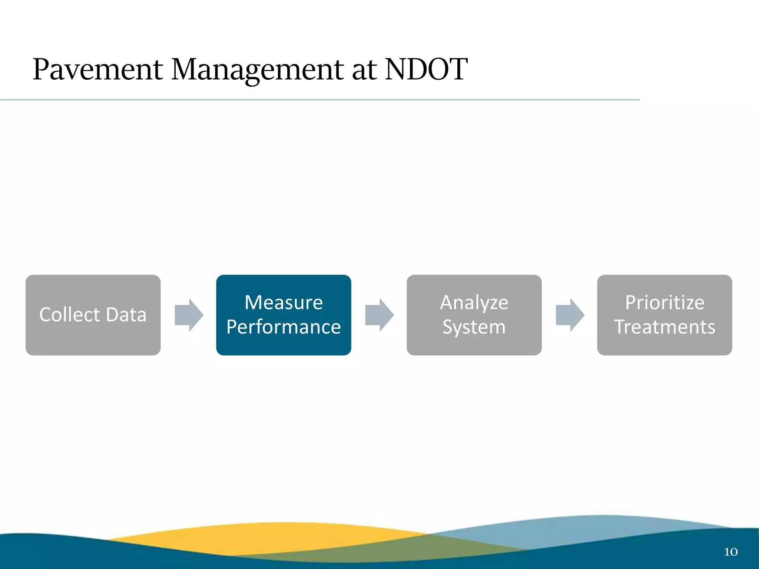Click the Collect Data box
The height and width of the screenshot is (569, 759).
coord(93,315)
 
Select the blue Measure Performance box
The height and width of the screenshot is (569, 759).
coord(284,315)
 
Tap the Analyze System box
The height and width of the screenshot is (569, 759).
coord(474,315)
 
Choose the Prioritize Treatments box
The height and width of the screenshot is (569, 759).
coord(664,315)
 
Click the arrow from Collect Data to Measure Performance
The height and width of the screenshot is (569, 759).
coord(189,315)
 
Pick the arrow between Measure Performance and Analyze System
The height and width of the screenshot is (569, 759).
coord(379,315)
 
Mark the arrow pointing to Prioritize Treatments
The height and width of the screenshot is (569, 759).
coord(570,315)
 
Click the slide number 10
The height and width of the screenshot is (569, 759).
coord(730,552)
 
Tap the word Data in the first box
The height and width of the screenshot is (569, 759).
coord(126,315)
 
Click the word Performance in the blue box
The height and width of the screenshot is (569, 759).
coord(284,327)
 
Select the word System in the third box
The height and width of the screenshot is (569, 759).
coord(474,327)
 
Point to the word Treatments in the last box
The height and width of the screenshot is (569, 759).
coord(664,327)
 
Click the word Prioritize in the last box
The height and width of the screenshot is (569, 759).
coord(664,303)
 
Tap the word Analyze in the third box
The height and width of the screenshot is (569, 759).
coord(474,303)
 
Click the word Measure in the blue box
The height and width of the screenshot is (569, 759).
coord(284,303)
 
